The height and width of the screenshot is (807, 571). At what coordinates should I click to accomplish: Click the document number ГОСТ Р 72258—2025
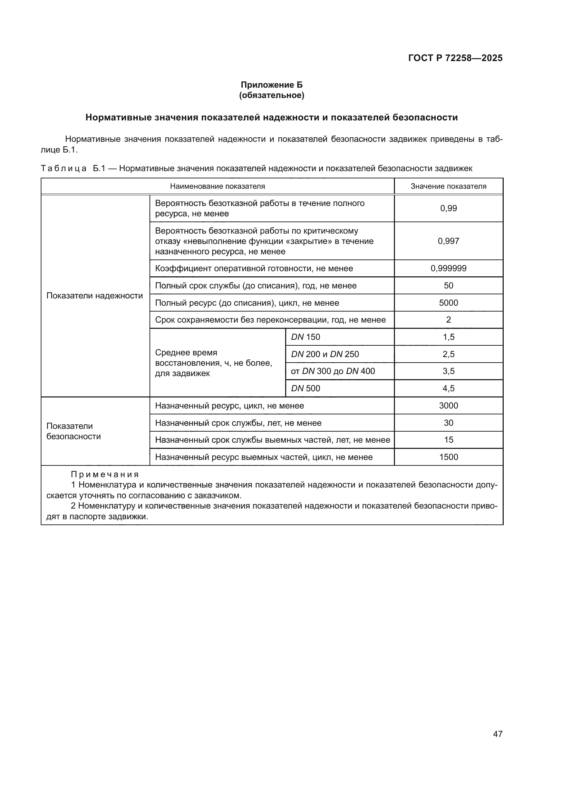click(455, 58)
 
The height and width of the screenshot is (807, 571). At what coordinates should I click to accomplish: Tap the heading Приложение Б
click(271, 85)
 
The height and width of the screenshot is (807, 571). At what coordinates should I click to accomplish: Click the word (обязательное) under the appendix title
click(271, 95)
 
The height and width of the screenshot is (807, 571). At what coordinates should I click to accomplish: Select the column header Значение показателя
click(448, 186)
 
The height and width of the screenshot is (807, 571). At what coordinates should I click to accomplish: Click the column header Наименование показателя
click(217, 186)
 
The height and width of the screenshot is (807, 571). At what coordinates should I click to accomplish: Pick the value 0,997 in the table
click(448, 241)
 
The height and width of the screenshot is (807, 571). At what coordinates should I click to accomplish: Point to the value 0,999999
click(448, 268)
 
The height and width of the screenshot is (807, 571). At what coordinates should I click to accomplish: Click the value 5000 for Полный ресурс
click(448, 303)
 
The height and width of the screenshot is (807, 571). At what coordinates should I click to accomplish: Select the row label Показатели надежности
click(95, 296)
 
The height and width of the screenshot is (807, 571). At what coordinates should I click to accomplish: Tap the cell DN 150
click(306, 337)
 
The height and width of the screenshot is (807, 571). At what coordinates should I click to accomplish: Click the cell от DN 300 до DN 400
click(332, 371)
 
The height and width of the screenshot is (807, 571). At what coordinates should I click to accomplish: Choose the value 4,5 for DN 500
click(448, 388)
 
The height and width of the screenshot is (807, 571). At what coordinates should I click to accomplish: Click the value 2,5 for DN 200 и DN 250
click(448, 354)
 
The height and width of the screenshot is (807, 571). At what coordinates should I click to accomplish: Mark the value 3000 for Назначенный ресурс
click(448, 406)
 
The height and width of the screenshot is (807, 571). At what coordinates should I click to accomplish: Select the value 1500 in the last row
click(448, 457)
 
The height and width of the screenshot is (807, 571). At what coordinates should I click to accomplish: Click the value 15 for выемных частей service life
click(448, 440)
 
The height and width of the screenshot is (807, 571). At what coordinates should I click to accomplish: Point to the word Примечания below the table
click(105, 474)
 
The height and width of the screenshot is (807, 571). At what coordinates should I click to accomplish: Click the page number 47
click(497, 734)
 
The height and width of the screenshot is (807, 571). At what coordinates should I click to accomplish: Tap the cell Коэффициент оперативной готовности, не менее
click(254, 268)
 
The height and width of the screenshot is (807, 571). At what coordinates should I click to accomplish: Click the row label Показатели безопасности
click(74, 431)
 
